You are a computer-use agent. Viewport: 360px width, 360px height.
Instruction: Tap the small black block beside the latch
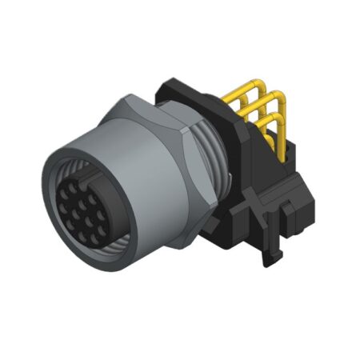[x=300, y=216]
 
